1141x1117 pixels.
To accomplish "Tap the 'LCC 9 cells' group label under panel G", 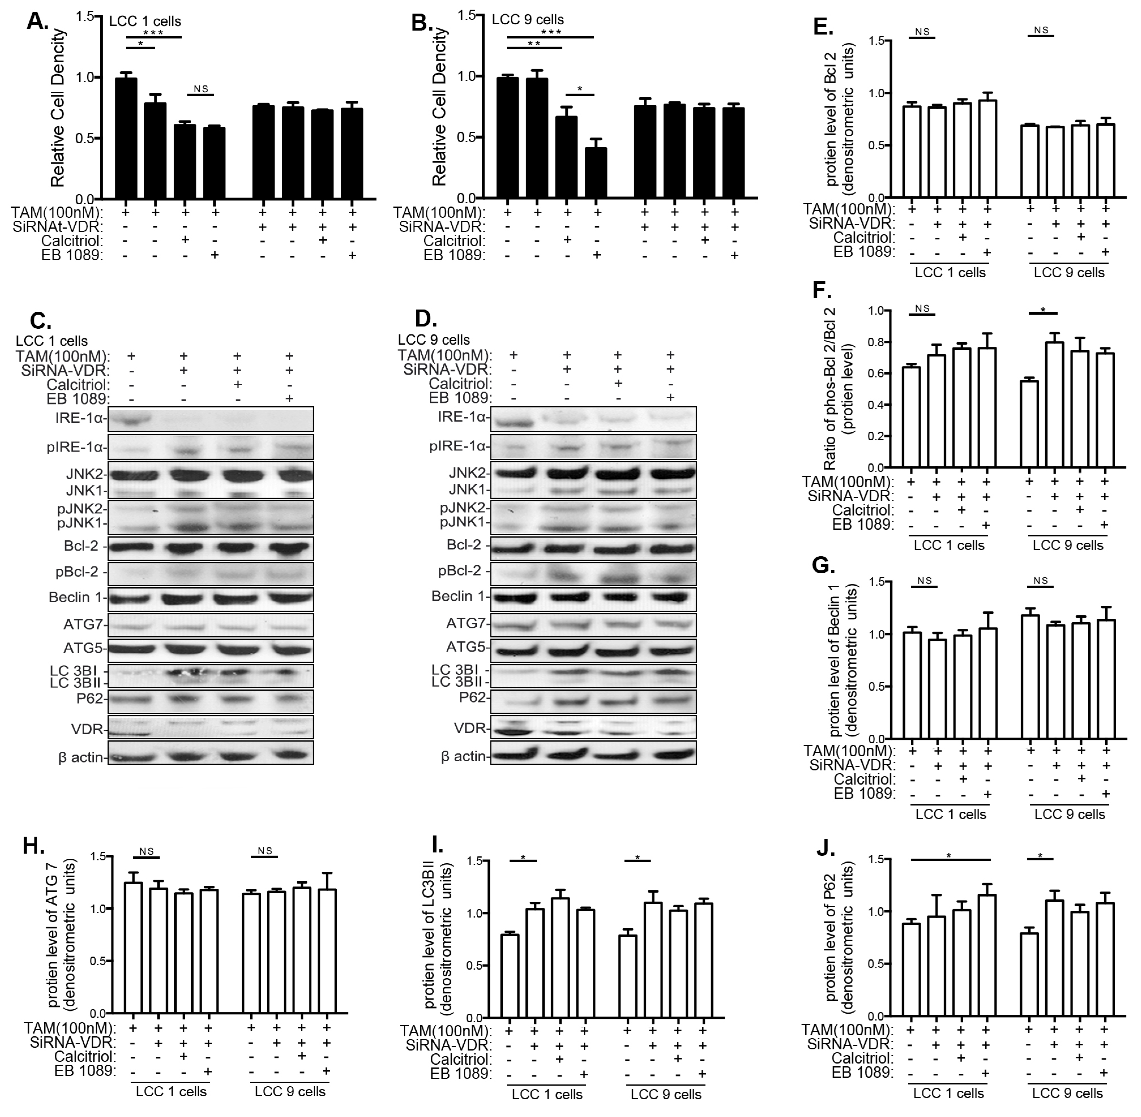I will pos(1069,814).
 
